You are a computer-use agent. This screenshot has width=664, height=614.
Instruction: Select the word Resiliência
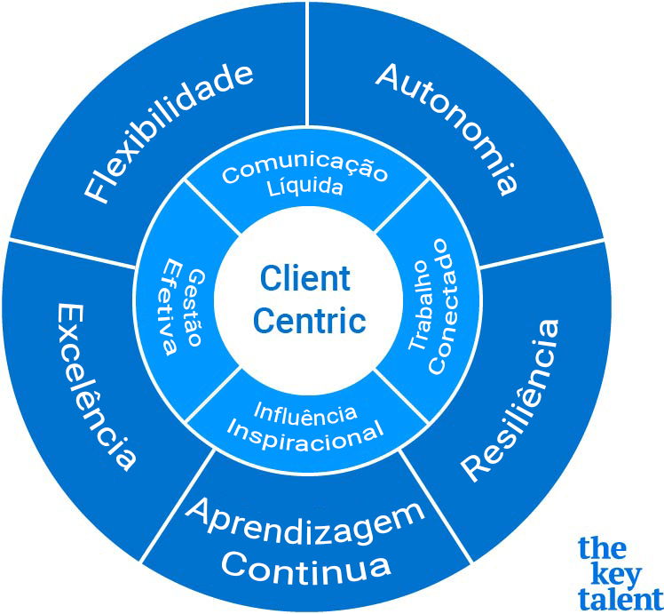514,399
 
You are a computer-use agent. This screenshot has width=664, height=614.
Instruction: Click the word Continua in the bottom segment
305,564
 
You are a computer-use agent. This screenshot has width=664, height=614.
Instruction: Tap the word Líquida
306,188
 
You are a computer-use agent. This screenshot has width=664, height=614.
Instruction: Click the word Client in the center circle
305,279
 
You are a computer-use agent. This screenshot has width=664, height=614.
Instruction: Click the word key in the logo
604,572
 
